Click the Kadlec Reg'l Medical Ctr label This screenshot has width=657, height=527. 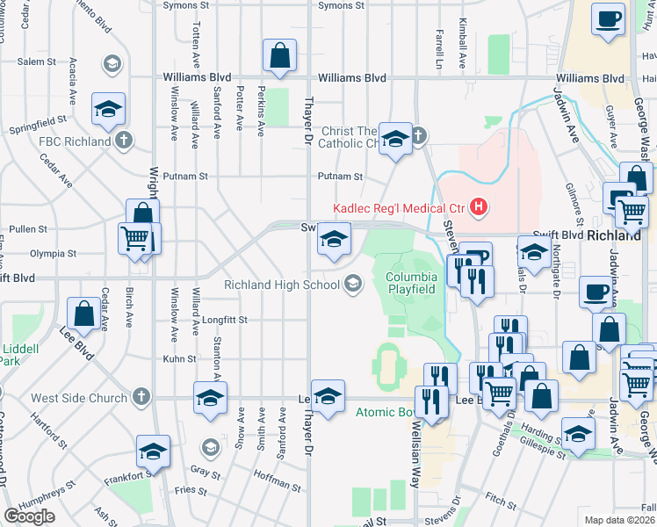pos(400,208)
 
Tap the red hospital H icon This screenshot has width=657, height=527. pos(479,208)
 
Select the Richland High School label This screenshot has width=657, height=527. pos(281,285)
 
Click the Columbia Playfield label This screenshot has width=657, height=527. pos(411,283)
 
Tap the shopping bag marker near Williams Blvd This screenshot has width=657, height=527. pos(278,56)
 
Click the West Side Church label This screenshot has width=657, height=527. pos(79,398)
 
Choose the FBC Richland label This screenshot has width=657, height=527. pos(74,141)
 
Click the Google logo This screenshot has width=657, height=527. pos(29,516)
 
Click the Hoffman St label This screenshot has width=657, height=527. pos(277,484)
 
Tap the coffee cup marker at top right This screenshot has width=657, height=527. pos(609,18)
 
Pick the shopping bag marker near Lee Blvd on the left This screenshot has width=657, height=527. pos(83,314)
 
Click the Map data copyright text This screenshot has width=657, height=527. pos(619,520)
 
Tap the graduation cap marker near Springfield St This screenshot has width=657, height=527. pos(109,109)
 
